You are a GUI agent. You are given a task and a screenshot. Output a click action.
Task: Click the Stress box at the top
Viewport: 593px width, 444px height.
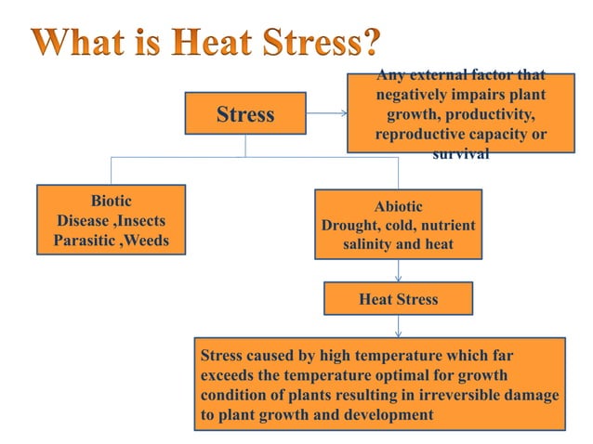click(245, 114)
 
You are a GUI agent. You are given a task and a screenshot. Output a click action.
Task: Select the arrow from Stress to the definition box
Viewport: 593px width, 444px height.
click(326, 114)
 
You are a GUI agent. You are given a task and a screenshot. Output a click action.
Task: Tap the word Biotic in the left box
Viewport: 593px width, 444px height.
click(111, 201)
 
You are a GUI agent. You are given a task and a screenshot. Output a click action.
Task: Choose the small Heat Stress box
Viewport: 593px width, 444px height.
click(398, 299)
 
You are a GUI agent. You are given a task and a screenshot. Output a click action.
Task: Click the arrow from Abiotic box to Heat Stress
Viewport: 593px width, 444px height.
click(399, 268)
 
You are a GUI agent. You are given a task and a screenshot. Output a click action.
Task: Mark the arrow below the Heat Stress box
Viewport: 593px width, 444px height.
click(399, 326)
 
